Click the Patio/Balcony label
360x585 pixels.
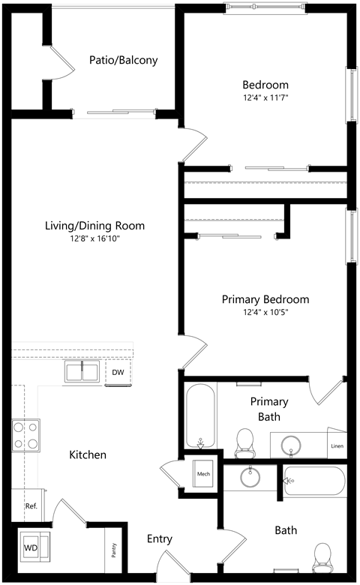point(123,61)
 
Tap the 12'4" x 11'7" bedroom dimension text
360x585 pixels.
point(265,97)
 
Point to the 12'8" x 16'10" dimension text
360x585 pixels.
point(94,238)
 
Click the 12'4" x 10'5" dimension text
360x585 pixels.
point(265,312)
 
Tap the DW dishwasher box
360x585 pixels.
point(118,372)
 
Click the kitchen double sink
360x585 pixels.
point(82,372)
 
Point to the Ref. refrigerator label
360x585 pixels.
point(31,506)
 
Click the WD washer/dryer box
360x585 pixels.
point(32,546)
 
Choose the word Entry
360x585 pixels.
point(159,538)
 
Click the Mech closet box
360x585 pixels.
point(203,474)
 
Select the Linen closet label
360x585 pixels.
point(337,448)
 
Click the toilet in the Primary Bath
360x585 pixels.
point(244,442)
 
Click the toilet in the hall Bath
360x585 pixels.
point(322,556)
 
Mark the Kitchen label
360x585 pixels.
point(88,454)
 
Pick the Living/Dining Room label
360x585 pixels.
point(94,225)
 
